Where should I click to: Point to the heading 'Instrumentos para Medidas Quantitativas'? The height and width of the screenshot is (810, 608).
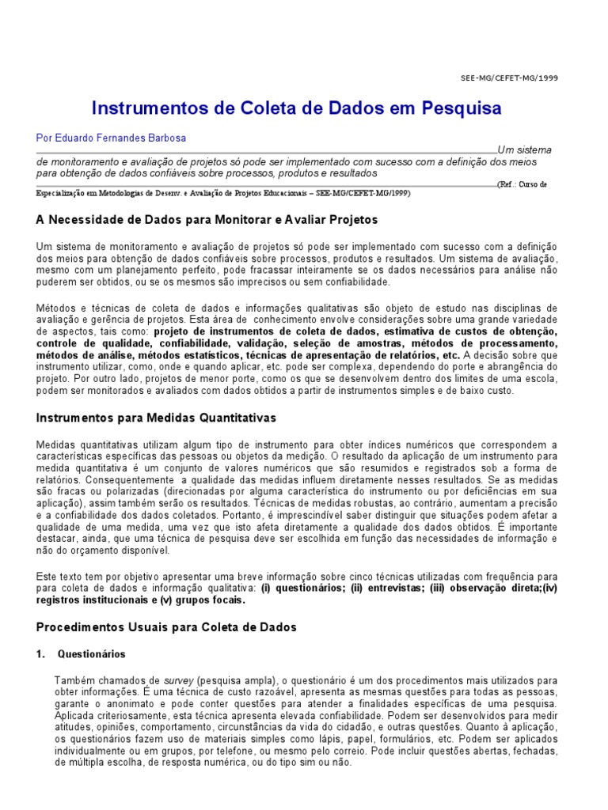157,417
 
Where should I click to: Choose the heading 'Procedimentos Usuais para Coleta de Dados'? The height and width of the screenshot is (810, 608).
166,626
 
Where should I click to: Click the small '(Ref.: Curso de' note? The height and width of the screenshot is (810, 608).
522,184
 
